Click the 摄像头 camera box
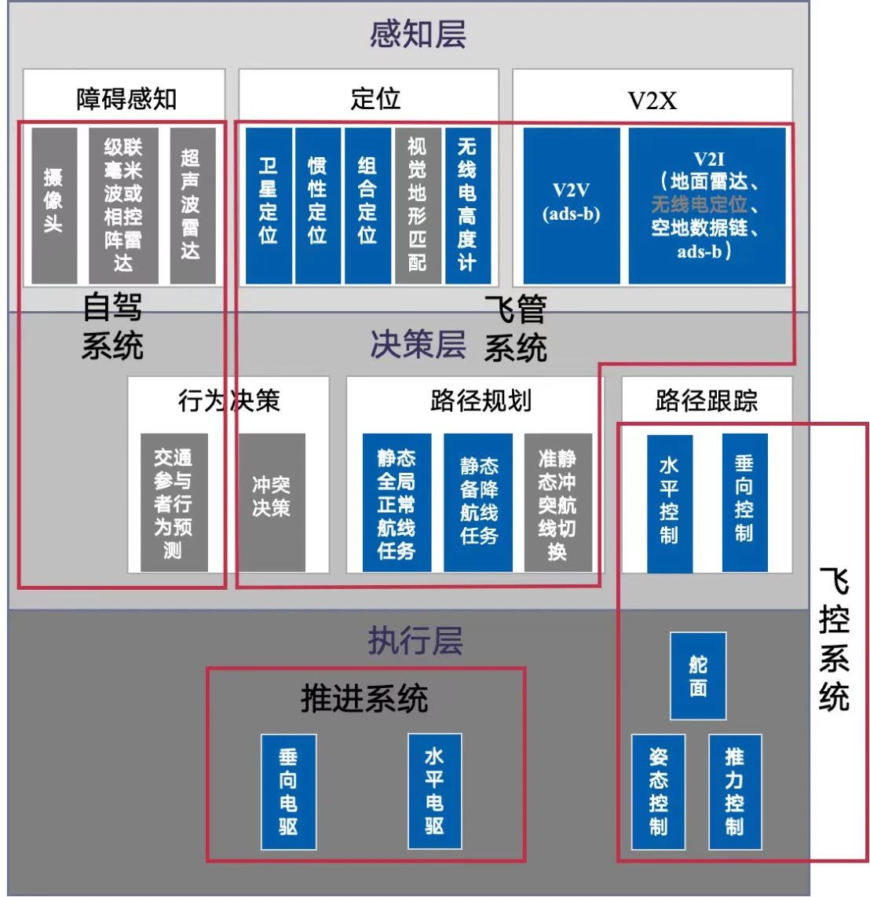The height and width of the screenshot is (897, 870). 54,205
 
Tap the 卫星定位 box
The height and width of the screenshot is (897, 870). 269,205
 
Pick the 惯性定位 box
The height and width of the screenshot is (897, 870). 318,205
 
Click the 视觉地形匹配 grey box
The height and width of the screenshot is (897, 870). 418,205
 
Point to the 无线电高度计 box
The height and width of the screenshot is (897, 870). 468,205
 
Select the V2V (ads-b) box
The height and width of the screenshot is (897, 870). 572,205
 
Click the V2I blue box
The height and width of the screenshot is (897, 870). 707,205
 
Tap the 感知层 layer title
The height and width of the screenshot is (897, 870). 418,35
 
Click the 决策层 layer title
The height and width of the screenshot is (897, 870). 418,344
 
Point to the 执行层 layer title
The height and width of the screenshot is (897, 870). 415,640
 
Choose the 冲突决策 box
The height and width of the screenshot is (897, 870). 272,502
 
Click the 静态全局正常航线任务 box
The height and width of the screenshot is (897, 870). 397,502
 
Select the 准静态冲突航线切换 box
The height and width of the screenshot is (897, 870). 557,502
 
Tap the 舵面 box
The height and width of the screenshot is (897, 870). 698,675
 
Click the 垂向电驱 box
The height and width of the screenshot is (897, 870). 288,792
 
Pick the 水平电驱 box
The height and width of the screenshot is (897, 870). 435,791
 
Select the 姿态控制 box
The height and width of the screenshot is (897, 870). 658,792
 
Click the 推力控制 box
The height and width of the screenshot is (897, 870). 735,792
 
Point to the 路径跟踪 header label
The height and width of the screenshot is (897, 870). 707,401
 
